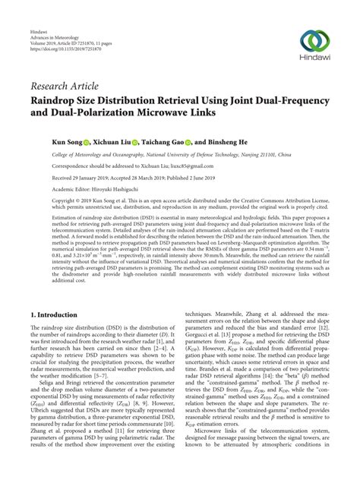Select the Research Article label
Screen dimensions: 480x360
pyautogui.click(x=62, y=84)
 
